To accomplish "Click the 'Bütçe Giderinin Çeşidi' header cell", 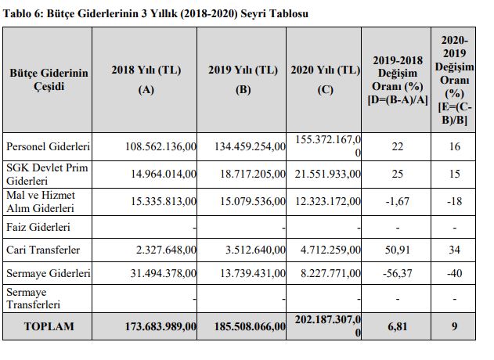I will [x=49, y=79].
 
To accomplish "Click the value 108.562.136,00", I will [x=161, y=146].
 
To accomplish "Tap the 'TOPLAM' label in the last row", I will [x=49, y=326].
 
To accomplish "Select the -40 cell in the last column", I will [x=454, y=275].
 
